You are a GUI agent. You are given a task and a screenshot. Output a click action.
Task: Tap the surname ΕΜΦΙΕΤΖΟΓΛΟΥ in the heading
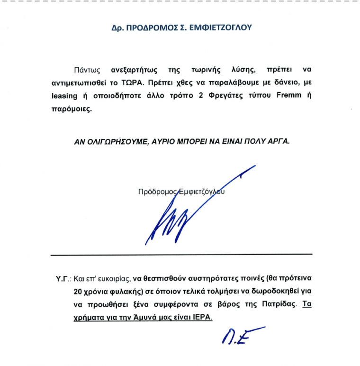221,27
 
